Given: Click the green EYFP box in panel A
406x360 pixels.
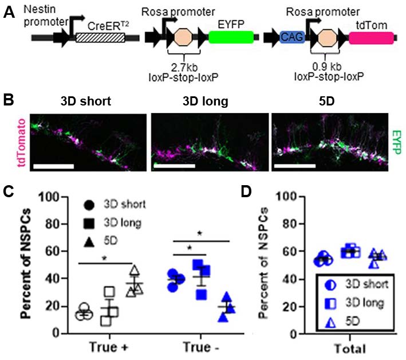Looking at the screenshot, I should tap(231, 37).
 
